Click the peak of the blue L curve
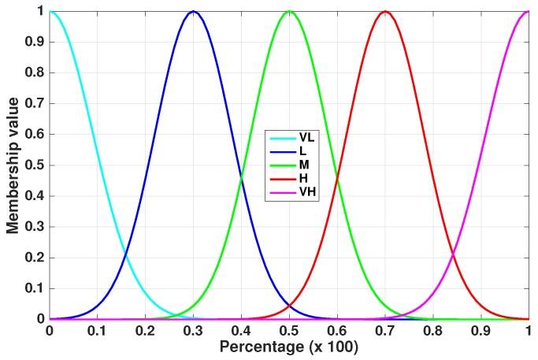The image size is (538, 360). (193, 11)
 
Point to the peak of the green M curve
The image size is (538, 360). (289, 11)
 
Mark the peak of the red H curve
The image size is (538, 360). (384, 11)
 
